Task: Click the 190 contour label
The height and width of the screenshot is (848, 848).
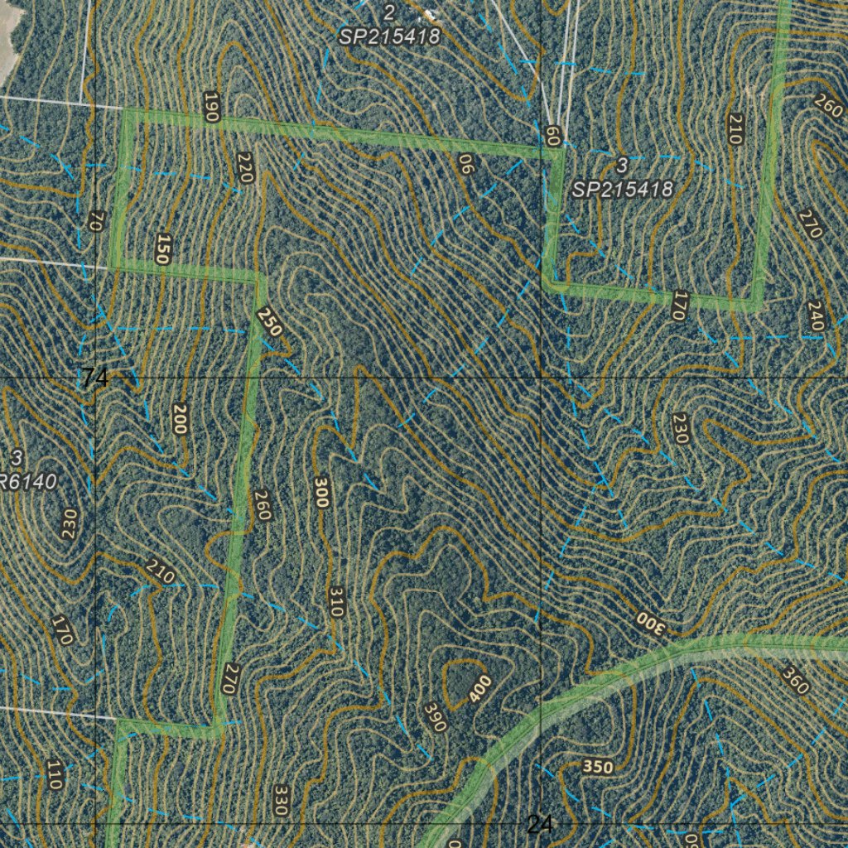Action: click(211, 108)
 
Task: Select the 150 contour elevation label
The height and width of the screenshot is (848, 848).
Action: click(161, 248)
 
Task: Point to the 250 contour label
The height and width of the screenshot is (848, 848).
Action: click(269, 321)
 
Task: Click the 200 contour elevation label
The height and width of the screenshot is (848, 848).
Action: click(180, 419)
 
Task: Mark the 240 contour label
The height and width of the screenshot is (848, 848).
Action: click(816, 316)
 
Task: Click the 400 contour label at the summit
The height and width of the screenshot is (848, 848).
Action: click(479, 689)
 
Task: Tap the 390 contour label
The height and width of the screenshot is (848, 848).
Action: click(435, 717)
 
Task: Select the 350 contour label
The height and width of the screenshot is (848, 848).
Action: click(598, 767)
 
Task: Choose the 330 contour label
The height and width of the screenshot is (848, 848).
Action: click(281, 800)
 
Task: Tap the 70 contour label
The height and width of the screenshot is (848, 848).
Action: click(96, 221)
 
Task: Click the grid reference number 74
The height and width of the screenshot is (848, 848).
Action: click(95, 378)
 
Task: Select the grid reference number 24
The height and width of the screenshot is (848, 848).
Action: click(539, 824)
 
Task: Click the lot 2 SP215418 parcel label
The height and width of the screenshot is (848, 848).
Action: click(389, 25)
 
